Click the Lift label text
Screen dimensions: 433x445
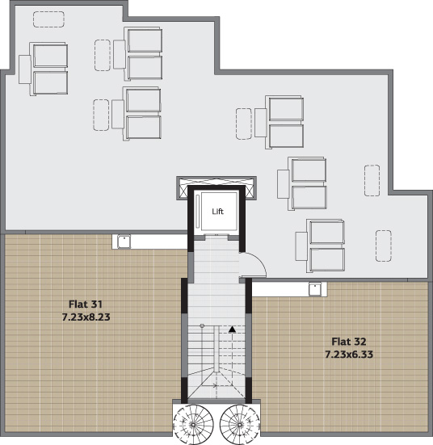(218, 211)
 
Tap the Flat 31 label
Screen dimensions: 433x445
(86, 304)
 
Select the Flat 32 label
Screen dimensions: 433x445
(349, 342)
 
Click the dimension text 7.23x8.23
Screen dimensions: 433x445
(86, 317)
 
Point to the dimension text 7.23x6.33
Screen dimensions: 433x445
(349, 355)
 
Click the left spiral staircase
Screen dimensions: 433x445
(193, 424)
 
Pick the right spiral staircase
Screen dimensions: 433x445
(240, 424)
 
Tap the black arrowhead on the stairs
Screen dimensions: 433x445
(233, 330)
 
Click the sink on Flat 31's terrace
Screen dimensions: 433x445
(124, 241)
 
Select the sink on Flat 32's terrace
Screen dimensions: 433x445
(315, 289)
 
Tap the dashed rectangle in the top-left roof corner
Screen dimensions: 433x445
(48, 19)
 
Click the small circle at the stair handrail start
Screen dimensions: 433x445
(202, 325)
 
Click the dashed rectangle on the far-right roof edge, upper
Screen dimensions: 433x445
(372, 180)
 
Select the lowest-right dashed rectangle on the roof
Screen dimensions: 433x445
(384, 246)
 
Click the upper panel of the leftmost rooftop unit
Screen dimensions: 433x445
(51, 56)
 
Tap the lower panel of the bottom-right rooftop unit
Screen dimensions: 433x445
(327, 259)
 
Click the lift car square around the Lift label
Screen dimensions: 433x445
(219, 211)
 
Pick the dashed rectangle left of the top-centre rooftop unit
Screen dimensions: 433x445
(103, 55)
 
